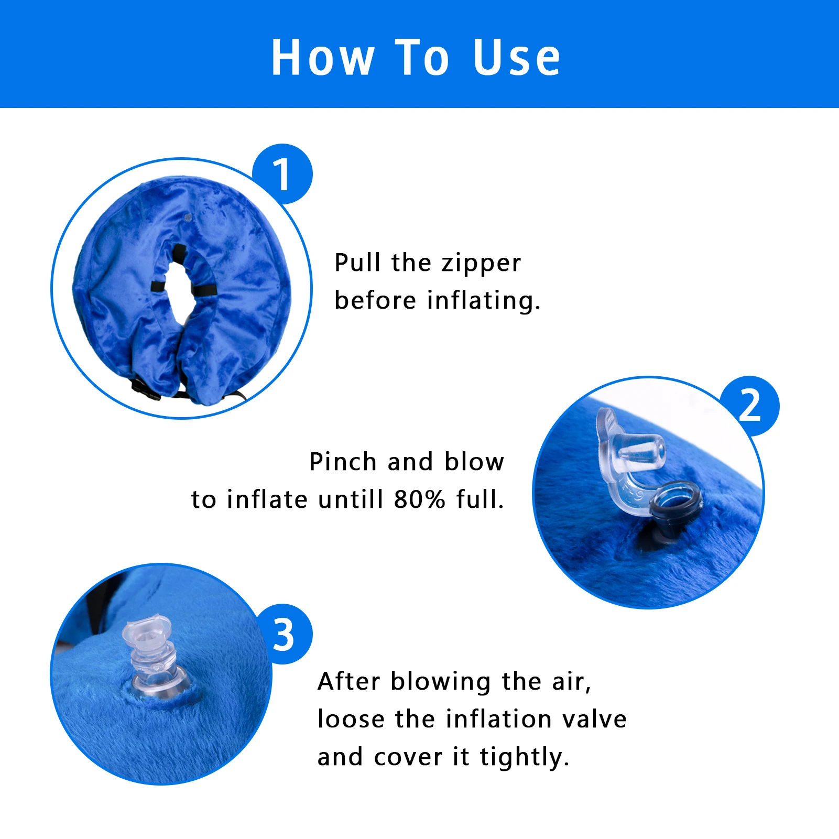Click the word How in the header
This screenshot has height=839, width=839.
323,58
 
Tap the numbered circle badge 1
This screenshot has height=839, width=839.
282,175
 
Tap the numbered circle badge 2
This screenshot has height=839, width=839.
749,406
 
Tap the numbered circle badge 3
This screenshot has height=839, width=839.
284,635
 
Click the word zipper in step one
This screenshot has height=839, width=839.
481,264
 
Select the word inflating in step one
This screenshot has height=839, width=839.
483,301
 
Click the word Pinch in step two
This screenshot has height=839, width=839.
343,462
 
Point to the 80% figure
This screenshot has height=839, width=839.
420,499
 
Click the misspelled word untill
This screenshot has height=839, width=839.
351,499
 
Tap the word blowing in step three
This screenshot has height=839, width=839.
441,682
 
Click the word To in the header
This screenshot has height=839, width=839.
422,58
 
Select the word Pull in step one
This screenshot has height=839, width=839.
357,263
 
